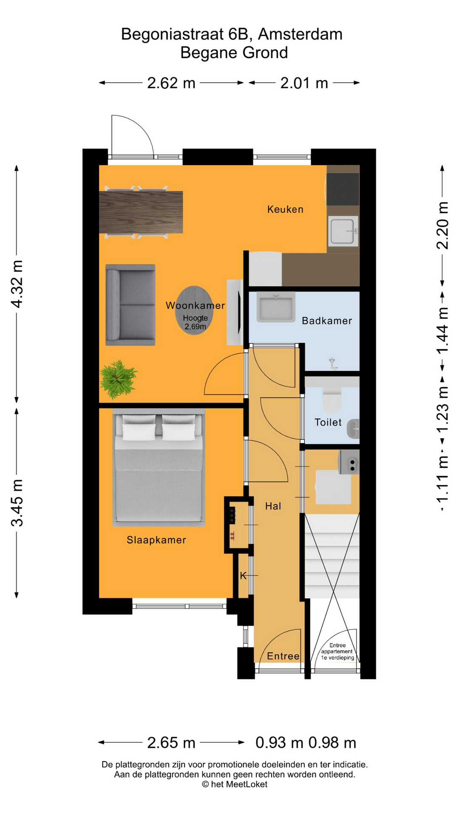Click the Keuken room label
tap(285, 209)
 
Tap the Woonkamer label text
tap(195, 305)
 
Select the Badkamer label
tap(327, 320)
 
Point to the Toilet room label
tap(328, 422)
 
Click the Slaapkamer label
tap(156, 540)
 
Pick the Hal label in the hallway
tap(273, 506)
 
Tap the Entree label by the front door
tap(283, 656)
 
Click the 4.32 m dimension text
tap(17, 284)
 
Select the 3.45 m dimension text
tap(17, 503)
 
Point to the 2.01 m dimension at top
tap(304, 83)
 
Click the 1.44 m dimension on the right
tap(442, 331)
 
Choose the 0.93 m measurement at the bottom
tap(279, 742)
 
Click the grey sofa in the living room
tap(130, 305)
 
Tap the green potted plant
tap(118, 379)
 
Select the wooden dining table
tap(141, 212)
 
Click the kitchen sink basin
tap(343, 231)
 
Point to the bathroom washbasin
tap(276, 306)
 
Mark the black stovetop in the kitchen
tap(343, 189)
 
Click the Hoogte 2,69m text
tap(195, 322)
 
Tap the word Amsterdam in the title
tap(300, 34)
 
